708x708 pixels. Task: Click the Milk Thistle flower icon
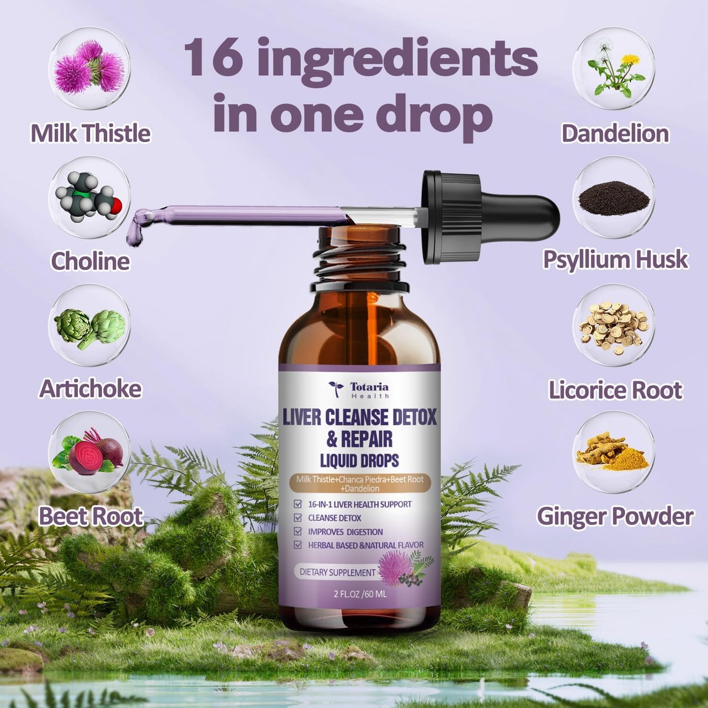point(90,68)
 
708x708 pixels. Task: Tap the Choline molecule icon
point(90,197)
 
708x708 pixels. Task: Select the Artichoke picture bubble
point(90,326)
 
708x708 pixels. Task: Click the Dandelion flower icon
point(614,68)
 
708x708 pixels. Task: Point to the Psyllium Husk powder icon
point(614,197)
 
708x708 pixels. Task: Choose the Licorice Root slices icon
point(614,326)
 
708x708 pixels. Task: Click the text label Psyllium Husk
point(615,260)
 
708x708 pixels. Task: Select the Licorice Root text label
point(615,390)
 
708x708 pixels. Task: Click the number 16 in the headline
point(214,58)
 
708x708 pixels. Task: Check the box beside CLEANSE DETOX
point(297,517)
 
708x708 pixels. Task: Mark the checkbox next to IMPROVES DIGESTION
point(297,531)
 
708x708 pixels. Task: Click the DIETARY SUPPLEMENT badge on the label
point(337,572)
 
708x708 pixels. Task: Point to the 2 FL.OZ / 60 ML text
point(360,594)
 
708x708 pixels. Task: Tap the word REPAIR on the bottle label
point(366,439)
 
